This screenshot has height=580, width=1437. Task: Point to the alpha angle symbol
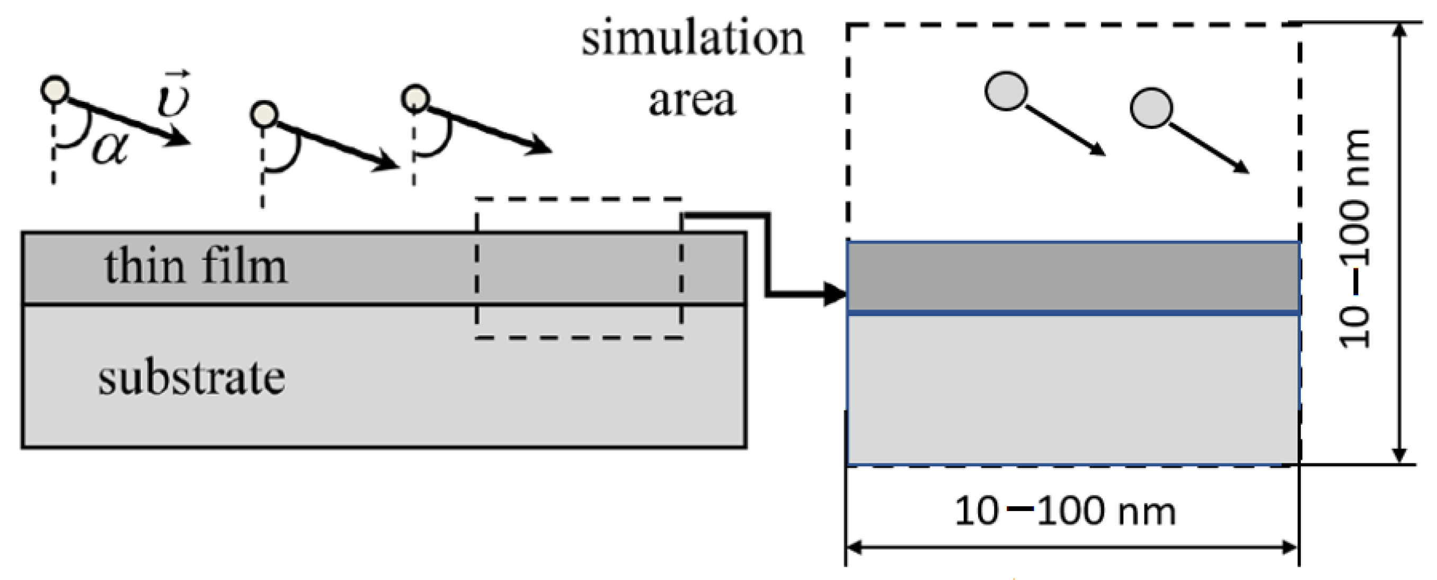[110, 149]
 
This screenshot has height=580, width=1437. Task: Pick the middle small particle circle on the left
[264, 115]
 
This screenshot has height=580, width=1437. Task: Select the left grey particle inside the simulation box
[1006, 91]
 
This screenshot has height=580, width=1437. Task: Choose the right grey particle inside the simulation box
[1151, 108]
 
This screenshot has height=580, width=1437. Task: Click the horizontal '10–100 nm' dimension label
[1065, 511]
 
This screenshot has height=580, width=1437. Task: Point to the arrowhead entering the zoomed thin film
[836, 294]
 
